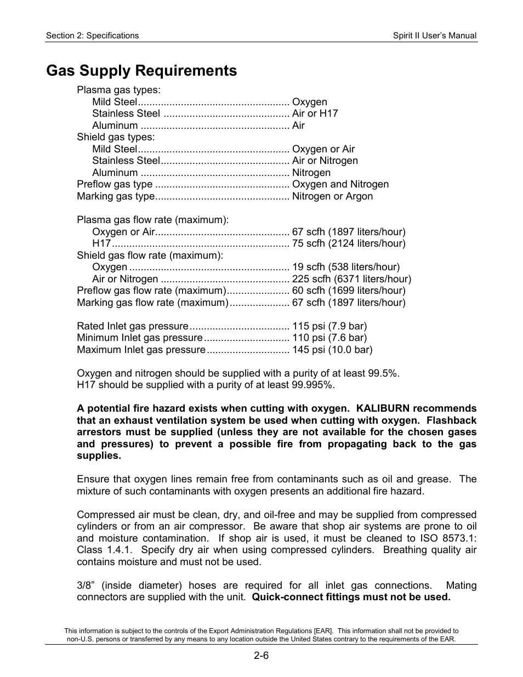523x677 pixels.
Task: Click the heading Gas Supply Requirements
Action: click(x=141, y=71)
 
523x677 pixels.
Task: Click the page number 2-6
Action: click(x=261, y=655)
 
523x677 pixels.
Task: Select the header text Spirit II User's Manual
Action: click(x=434, y=36)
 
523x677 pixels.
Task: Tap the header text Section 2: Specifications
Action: click(x=92, y=36)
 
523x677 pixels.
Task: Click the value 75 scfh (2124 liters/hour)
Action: click(x=349, y=243)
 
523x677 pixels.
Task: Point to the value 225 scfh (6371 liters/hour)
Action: click(x=351, y=279)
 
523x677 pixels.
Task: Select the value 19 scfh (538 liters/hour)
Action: click(x=346, y=267)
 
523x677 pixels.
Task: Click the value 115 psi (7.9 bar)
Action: click(x=329, y=326)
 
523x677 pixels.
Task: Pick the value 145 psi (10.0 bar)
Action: click(x=332, y=350)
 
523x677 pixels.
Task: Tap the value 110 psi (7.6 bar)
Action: click(x=329, y=338)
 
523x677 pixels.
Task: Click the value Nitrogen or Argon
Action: click(x=332, y=196)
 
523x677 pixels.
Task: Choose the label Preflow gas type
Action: click(x=115, y=184)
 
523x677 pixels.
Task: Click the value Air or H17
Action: click(x=315, y=113)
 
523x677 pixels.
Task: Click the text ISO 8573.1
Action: click(x=448, y=538)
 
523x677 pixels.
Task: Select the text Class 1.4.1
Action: click(x=104, y=550)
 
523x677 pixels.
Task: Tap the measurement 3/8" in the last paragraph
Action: click(x=86, y=585)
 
